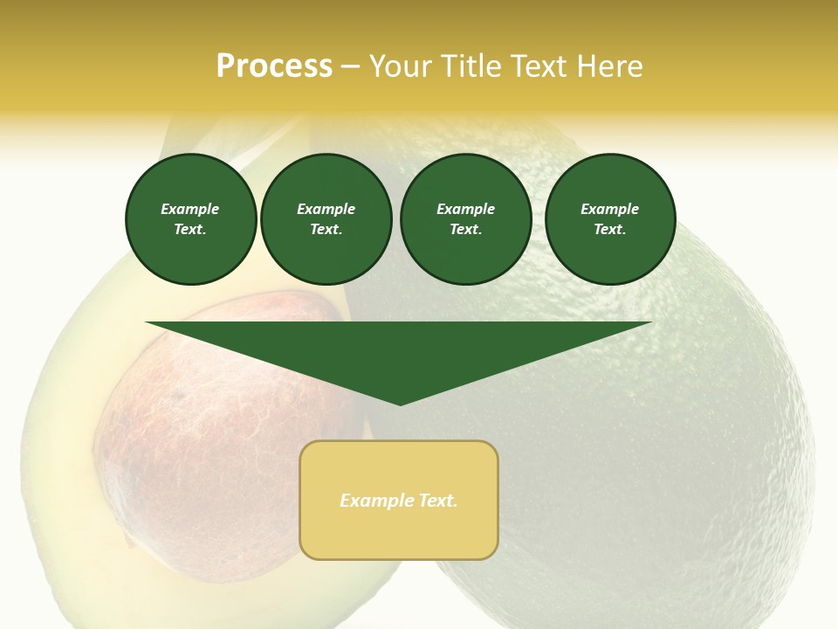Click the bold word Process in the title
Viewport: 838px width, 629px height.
click(x=274, y=66)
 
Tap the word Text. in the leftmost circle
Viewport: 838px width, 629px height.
click(x=190, y=229)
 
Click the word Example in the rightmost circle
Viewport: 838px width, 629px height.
click(x=609, y=209)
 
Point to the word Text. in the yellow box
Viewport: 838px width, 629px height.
click(x=436, y=501)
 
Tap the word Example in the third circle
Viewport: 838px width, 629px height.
click(x=465, y=209)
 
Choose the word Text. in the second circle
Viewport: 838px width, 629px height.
click(x=326, y=229)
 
